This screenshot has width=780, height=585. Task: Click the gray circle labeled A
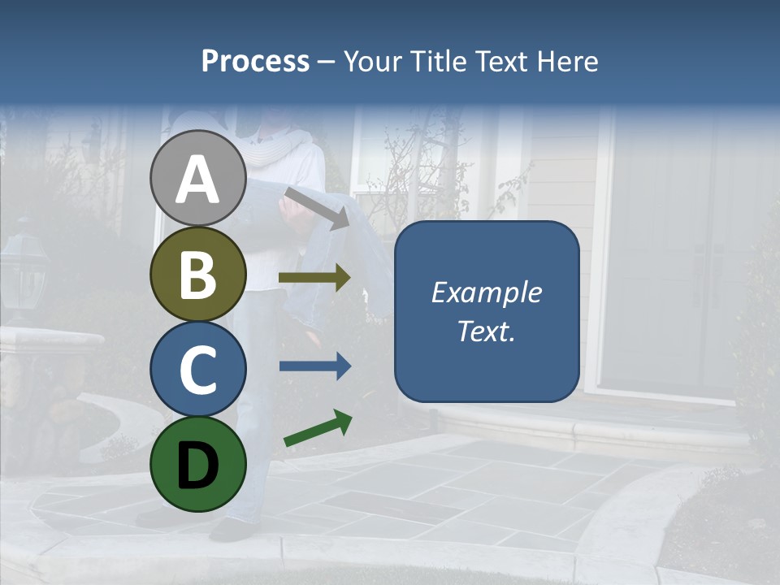[198, 178]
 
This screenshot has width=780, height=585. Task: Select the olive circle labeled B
[198, 275]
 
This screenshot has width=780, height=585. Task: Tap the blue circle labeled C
[198, 369]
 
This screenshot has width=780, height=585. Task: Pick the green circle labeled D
[198, 464]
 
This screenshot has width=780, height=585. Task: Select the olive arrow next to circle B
[314, 278]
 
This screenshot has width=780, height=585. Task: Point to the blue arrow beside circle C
[314, 366]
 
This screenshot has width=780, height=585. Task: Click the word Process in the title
[255, 61]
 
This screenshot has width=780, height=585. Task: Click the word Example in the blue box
[486, 292]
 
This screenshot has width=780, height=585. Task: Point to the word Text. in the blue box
[486, 331]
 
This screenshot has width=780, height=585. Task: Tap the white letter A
[198, 180]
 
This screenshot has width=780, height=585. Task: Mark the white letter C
[198, 370]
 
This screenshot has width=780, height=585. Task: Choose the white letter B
[198, 275]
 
